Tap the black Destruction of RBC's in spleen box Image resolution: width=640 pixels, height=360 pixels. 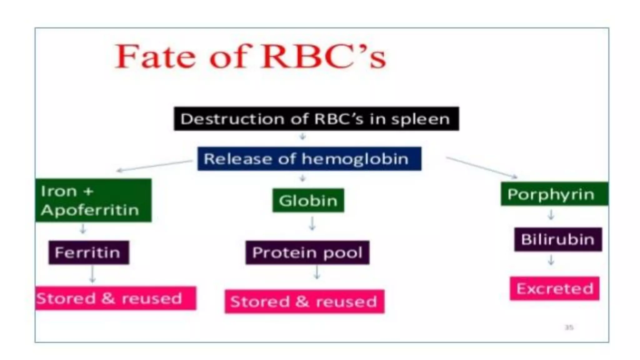tap(316, 119)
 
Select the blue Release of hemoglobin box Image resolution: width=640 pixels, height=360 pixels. tap(309, 159)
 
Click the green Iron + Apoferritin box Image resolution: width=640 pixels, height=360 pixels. tap(93, 200)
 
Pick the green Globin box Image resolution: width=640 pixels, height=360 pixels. tap(308, 200)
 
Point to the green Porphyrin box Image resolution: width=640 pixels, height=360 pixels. tap(554, 194)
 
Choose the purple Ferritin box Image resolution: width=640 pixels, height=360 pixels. tap(89, 252)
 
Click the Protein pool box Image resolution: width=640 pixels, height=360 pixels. tap(307, 252)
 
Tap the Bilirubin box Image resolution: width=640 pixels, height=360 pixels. tap(558, 239)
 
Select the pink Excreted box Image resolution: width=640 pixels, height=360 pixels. tap(555, 288)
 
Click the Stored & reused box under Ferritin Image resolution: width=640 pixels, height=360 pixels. tap(116, 298)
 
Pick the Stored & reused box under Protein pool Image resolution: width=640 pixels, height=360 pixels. tap(304, 302)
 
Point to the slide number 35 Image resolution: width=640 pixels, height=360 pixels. tap(569, 327)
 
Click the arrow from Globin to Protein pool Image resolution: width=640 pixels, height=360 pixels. tap(312, 223)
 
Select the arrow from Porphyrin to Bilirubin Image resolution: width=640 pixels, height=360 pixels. tap(551, 215)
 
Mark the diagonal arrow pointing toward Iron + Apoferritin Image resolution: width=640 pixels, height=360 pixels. tap(155, 166)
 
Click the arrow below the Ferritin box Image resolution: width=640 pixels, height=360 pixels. tap(92, 274)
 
